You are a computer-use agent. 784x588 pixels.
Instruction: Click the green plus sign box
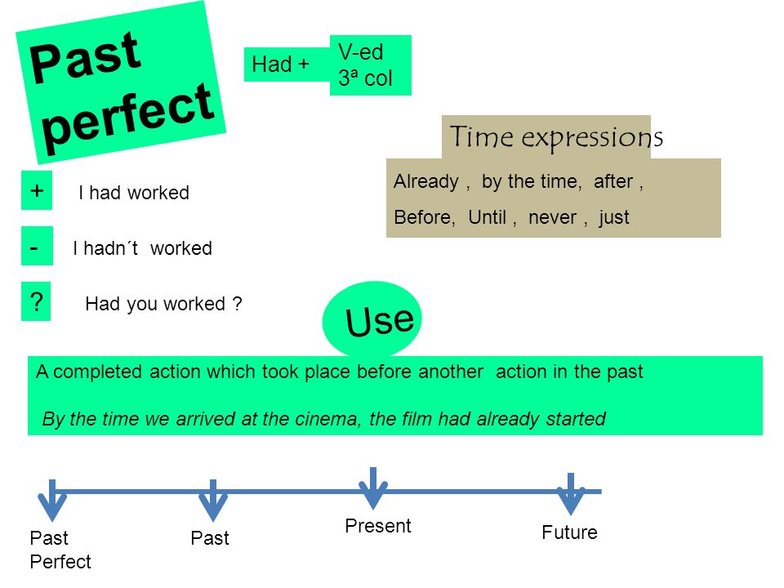point(37,190)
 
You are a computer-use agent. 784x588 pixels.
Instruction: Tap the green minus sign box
point(37,246)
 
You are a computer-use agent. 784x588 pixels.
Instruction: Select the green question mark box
point(36,301)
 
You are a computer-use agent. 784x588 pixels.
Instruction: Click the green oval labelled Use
point(372,319)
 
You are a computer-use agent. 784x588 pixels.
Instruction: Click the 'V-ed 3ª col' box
point(371,65)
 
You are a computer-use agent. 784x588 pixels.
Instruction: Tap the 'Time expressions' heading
point(556,137)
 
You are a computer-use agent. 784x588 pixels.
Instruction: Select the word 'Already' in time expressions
point(426,181)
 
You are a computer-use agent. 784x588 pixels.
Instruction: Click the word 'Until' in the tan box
point(488,217)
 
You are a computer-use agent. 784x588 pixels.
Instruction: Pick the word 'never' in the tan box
point(553,218)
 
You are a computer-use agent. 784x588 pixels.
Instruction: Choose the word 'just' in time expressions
point(614,217)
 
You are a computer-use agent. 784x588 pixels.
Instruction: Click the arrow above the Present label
point(373,488)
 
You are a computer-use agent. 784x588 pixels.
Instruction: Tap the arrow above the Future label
point(571,494)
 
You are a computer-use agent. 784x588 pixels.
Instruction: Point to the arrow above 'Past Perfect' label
point(52,500)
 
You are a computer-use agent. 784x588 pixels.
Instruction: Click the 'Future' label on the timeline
point(569,532)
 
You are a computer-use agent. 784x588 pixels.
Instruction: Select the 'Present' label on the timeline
point(378,526)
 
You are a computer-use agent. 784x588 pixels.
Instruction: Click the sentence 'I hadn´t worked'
point(142,248)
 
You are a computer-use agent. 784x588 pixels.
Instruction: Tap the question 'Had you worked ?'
point(163,304)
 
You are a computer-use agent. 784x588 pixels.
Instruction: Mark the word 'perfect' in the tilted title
point(129,117)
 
